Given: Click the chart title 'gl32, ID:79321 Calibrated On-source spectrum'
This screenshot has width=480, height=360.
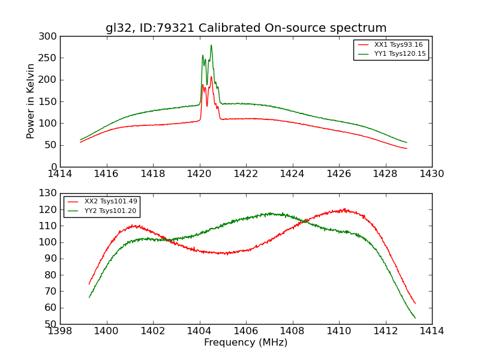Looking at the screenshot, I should point(246,28).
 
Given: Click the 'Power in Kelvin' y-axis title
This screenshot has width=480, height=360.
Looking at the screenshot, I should point(31,101).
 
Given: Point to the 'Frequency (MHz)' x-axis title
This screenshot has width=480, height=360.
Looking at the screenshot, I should point(246,343).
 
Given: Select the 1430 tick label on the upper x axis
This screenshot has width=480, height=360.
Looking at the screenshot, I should point(432,174).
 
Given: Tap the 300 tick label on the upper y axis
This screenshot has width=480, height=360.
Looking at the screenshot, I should point(50,37).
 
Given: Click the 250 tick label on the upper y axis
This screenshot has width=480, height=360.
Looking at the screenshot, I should point(50,58).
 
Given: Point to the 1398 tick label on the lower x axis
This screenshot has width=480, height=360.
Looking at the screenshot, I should point(60,331).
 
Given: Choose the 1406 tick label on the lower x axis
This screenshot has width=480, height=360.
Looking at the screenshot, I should point(246,331).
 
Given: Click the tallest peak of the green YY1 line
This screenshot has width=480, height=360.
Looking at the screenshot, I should point(211,46).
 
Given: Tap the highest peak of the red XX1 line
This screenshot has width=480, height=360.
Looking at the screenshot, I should point(211,77).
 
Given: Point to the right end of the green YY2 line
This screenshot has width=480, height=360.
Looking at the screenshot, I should point(415,318).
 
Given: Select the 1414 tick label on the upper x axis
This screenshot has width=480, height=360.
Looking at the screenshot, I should point(60,174).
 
